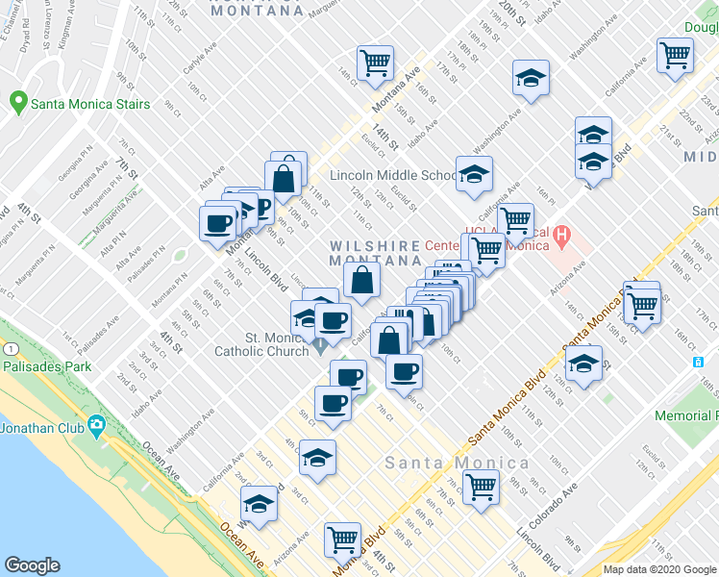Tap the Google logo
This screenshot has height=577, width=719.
click(x=32, y=565)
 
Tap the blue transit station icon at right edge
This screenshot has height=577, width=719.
click(x=699, y=362)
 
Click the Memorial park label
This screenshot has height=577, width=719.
click(x=685, y=416)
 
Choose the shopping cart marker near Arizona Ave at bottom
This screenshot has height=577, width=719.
click(x=342, y=539)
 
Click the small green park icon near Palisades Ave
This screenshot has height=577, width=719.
click(x=179, y=256)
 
